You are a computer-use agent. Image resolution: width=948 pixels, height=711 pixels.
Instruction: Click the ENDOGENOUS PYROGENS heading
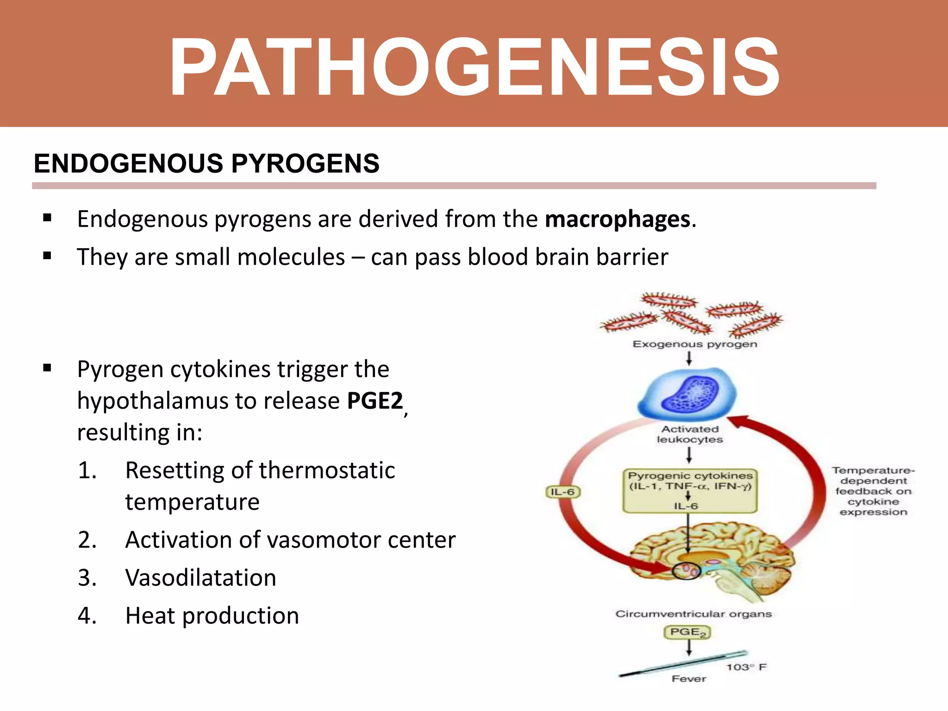coord(206,164)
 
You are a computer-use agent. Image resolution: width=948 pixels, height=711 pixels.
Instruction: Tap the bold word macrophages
coord(617,219)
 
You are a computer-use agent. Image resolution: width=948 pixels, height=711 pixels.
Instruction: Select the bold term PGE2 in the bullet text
coord(375,401)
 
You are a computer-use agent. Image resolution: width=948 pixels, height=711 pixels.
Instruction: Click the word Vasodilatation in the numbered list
coord(200,578)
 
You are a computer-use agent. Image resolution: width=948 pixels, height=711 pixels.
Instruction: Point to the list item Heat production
coord(212,616)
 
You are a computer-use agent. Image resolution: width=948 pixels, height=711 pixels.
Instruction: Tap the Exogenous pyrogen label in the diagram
coord(694,344)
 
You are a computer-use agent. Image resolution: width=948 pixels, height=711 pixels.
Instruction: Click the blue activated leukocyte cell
coord(687,393)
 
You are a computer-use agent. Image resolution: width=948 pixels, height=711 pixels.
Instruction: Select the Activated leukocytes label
coord(690,435)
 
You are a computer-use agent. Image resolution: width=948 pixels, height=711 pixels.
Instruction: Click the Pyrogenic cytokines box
coord(690,491)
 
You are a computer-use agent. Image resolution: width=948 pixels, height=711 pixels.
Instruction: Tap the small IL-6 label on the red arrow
coord(562,492)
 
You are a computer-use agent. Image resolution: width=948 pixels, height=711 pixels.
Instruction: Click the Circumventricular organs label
coord(693,614)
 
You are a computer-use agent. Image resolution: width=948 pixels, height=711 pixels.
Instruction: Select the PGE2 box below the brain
coord(687,632)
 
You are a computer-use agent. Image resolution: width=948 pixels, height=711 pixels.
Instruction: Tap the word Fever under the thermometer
coord(689,679)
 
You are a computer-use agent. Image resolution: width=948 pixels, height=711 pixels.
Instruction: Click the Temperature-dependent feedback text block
coord(873,491)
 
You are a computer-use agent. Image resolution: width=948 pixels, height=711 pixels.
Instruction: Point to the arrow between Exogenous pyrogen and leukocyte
coord(689,358)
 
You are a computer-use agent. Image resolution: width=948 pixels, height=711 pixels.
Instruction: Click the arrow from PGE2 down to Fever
coord(689,648)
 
